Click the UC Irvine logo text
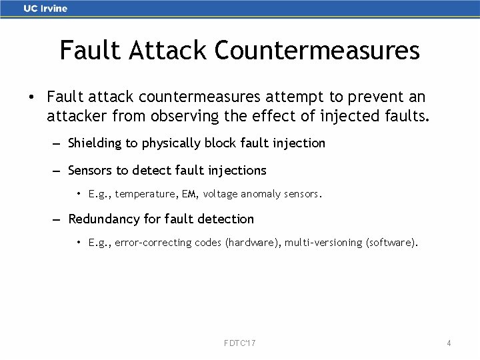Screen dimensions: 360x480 (45, 9)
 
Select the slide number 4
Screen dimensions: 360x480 (449, 343)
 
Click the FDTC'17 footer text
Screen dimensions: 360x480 (240, 343)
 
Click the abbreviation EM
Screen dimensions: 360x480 (191, 195)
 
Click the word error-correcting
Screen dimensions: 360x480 (153, 243)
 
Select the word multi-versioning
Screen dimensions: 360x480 (324, 243)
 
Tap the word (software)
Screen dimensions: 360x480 (392, 243)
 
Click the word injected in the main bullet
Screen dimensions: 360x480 (355, 117)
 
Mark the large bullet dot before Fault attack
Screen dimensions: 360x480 (31, 98)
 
